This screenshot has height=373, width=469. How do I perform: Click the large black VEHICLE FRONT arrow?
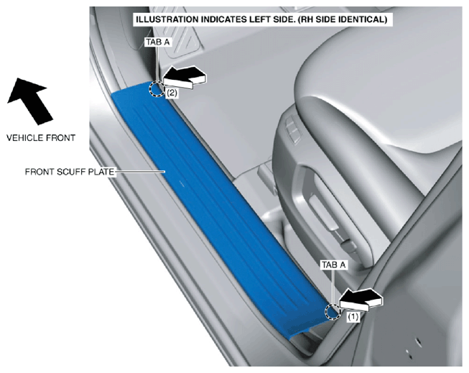pos(31,101)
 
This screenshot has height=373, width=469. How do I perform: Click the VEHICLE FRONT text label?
pos(41,138)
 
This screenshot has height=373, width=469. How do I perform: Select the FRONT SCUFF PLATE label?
pos(70,172)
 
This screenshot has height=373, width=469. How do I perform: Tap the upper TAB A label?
pos(158,42)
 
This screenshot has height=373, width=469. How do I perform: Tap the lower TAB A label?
pos(333,265)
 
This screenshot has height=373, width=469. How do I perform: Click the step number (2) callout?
pos(172,93)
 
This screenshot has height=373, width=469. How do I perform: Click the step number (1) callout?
pos(353,317)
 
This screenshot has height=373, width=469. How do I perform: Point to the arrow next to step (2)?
pos(185,77)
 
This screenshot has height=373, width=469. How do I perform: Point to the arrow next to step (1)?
pos(361,300)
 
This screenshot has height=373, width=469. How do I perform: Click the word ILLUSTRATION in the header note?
pos(167,19)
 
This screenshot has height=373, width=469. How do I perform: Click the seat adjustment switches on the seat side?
pos(292,129)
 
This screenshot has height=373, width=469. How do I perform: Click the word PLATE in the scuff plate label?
pos(102,172)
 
